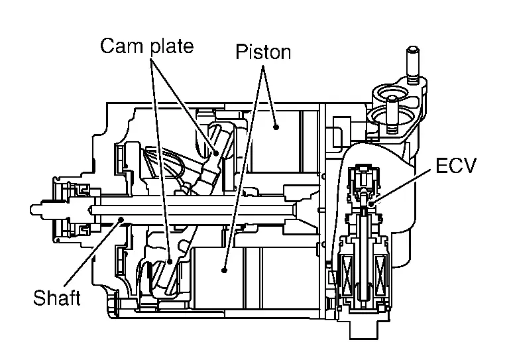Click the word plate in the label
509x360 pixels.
click(168, 47)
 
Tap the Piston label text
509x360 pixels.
click(263, 52)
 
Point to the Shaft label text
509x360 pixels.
click(57, 298)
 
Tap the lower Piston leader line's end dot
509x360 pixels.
click(225, 270)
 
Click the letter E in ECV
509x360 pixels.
click(440, 166)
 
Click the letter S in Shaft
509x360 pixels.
click(39, 298)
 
